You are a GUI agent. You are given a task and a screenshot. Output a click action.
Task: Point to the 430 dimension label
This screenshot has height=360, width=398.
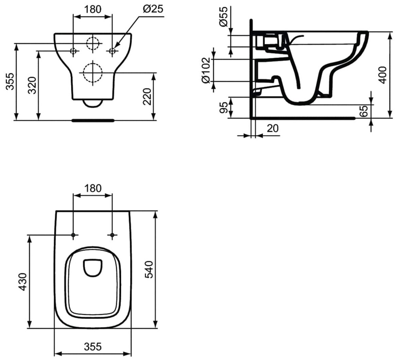(22, 282)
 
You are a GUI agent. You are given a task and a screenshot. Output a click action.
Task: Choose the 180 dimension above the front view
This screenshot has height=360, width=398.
(93, 9)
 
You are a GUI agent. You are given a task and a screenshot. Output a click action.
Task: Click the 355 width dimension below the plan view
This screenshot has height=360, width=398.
(93, 346)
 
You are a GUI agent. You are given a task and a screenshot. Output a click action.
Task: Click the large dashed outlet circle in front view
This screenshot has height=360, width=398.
(92, 72)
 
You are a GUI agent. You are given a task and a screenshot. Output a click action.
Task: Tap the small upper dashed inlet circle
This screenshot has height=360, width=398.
(92, 43)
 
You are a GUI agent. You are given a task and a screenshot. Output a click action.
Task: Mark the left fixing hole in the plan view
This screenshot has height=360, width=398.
(73, 235)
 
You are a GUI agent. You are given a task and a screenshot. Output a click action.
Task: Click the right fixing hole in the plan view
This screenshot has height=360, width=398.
(112, 235)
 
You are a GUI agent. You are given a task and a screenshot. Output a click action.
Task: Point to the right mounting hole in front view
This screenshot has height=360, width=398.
(112, 51)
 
